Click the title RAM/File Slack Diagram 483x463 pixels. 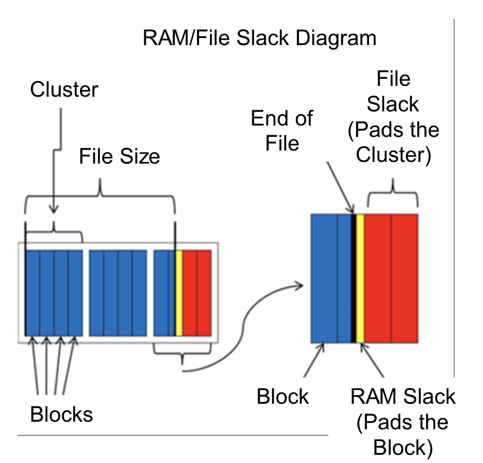click(259, 39)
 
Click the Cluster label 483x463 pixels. click(64, 90)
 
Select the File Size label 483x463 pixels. click(119, 157)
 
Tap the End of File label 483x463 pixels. click(282, 131)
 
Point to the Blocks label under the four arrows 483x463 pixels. click(61, 415)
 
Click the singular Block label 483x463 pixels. click(283, 397)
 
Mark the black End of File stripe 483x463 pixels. click(353, 278)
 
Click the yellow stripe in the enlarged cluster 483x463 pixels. click(360, 278)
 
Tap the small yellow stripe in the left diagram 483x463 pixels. click(179, 293)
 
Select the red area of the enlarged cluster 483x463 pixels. click(391, 278)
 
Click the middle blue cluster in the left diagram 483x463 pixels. click(118, 293)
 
